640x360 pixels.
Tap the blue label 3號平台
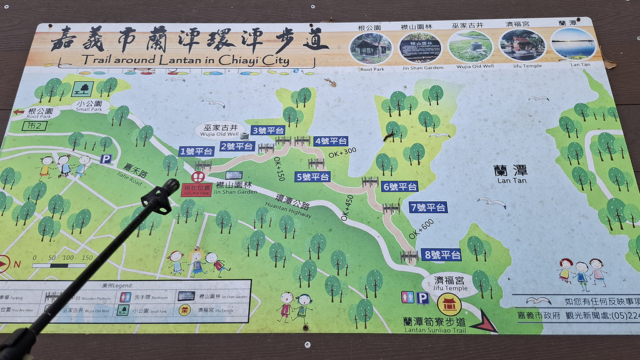click(x=268, y=130)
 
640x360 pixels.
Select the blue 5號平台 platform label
click(x=313, y=177)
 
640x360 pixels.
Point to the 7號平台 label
click(x=428, y=207)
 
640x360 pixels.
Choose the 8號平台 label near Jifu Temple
click(x=442, y=254)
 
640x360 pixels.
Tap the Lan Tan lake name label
click(x=510, y=173)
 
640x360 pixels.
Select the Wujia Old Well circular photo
click(x=470, y=47)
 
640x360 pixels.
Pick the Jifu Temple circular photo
click(x=522, y=45)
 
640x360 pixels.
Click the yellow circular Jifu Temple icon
click(x=449, y=305)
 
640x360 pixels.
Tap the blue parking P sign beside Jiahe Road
click(x=106, y=159)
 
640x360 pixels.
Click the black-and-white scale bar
click(x=59, y=265)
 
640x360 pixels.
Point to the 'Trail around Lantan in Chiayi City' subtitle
click(x=185, y=61)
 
